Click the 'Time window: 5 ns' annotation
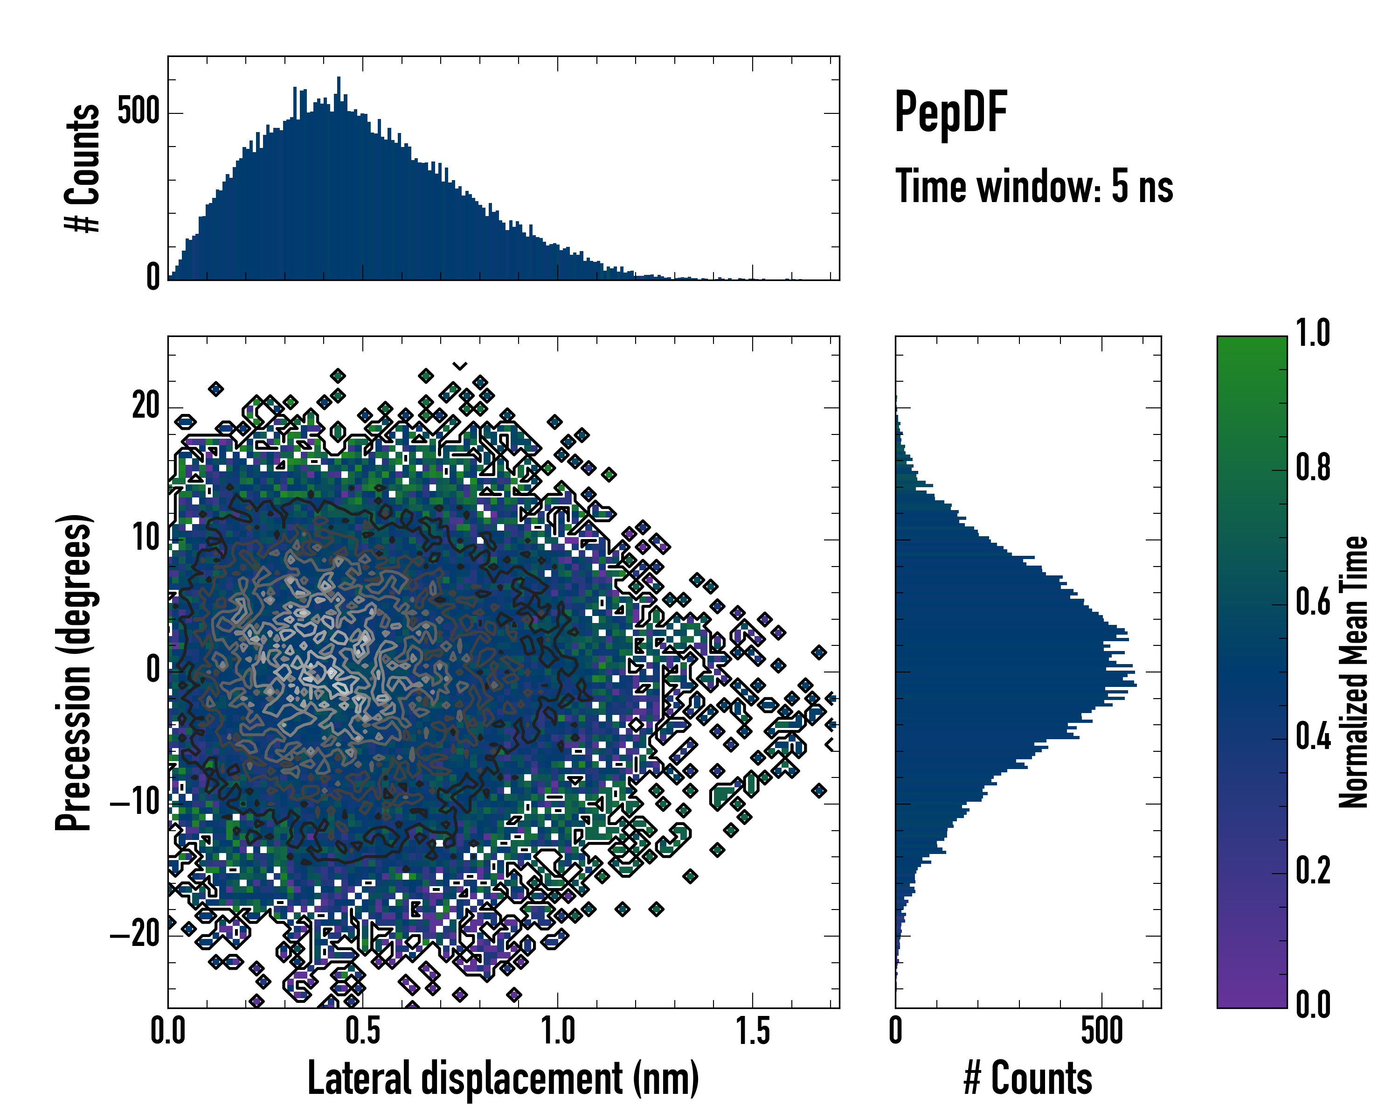tap(1034, 186)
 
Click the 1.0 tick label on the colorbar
tap(1313, 333)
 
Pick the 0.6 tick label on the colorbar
tap(1313, 602)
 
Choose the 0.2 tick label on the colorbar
tap(1313, 871)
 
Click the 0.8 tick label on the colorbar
tap(1313, 468)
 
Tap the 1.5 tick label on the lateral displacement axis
tap(753, 1032)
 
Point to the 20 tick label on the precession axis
tap(146, 407)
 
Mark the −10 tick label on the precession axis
tap(135, 803)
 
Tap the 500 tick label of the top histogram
tap(138, 112)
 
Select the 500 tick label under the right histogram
tap(1102, 1032)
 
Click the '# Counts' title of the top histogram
tap(83, 168)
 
